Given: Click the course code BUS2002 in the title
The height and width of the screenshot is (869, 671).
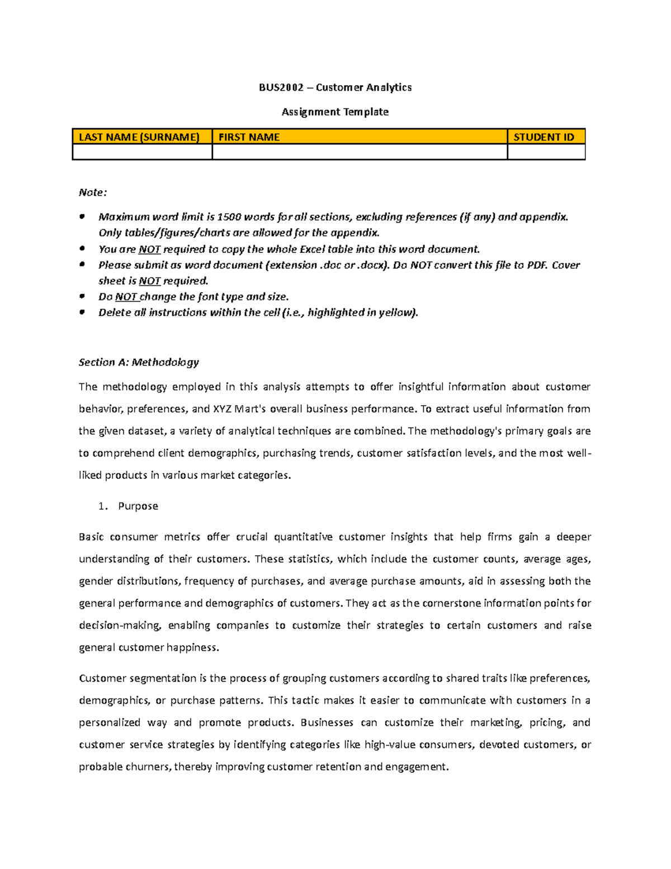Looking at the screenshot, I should (281, 87).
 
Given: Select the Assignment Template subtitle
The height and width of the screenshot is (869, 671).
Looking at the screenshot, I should (335, 112).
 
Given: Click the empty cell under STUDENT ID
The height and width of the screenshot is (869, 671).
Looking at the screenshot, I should (546, 152).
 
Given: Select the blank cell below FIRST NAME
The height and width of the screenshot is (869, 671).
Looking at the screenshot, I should (360, 152).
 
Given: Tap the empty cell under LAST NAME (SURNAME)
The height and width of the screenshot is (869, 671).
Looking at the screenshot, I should (142, 152).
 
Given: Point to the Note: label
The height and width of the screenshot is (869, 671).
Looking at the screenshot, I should (92, 192).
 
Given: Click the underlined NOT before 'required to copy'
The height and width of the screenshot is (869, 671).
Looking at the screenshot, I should (149, 250).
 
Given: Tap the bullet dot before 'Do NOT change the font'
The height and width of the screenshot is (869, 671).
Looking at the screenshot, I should (82, 296).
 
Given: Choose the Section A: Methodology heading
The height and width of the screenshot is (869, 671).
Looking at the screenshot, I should (139, 363).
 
